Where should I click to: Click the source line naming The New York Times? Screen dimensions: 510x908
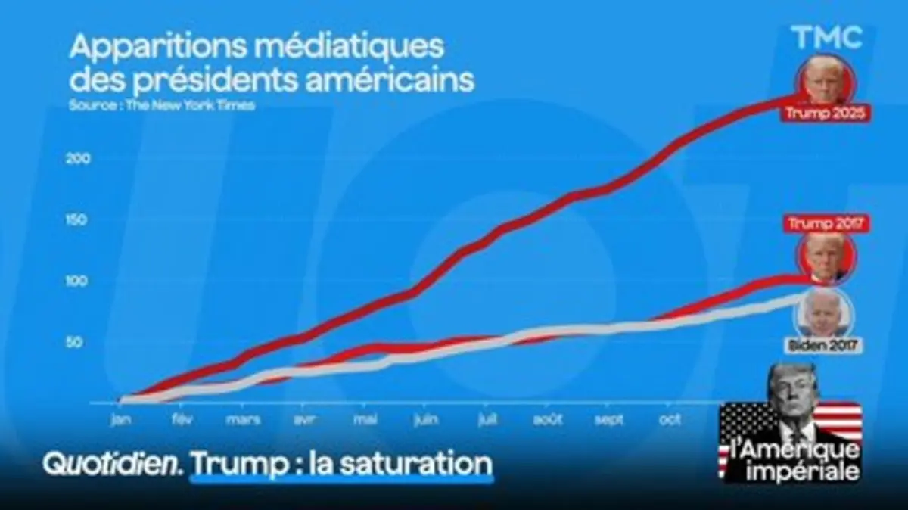point(161,106)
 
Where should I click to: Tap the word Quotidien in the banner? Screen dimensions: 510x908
point(113,463)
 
